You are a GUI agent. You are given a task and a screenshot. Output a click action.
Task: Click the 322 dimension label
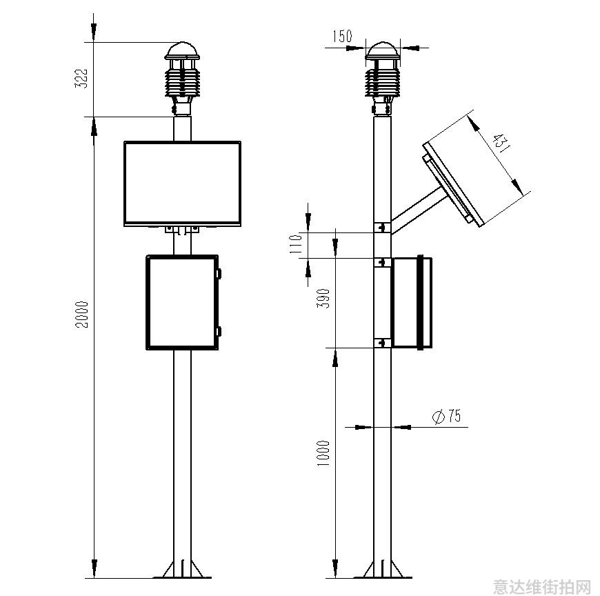point(81,79)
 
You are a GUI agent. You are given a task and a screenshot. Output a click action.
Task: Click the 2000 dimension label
point(81,315)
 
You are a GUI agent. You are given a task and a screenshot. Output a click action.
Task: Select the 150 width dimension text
point(341,37)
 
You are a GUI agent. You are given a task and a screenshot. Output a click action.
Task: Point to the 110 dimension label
point(297,244)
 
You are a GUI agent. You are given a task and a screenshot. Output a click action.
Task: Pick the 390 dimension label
point(323,299)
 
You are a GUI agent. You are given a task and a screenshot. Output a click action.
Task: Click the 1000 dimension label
point(323,453)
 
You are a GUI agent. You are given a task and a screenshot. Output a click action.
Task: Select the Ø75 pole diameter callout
point(447,416)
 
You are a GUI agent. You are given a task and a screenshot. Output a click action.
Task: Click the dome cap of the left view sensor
point(182,51)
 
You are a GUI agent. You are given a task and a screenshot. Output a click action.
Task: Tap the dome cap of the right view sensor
point(382,51)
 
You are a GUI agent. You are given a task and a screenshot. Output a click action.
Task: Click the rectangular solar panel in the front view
point(183,183)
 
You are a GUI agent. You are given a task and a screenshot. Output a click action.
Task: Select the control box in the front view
point(182,302)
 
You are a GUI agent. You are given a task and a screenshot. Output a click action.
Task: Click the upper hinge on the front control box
point(219,273)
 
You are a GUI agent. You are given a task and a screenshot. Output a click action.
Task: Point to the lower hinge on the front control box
point(219,332)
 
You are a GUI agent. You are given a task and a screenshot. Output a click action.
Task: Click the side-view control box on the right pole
point(412,302)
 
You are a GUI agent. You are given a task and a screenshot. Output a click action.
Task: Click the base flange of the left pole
point(182,570)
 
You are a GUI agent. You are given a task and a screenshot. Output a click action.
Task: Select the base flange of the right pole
point(382,570)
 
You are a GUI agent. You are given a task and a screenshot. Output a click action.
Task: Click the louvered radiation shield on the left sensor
point(182,82)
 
